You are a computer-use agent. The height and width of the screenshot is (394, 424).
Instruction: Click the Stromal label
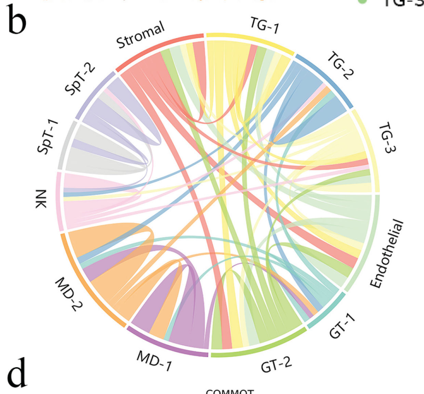(x=141, y=35)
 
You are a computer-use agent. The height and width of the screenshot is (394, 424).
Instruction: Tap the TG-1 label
(x=265, y=25)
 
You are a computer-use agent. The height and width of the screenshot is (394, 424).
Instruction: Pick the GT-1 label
(x=342, y=327)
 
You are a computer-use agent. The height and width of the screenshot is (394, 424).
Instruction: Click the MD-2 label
(x=69, y=294)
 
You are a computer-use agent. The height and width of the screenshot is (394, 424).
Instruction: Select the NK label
(x=41, y=199)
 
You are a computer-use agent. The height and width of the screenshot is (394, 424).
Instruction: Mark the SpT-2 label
(x=80, y=80)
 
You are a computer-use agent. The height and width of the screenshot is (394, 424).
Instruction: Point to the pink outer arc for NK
(x=59, y=202)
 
